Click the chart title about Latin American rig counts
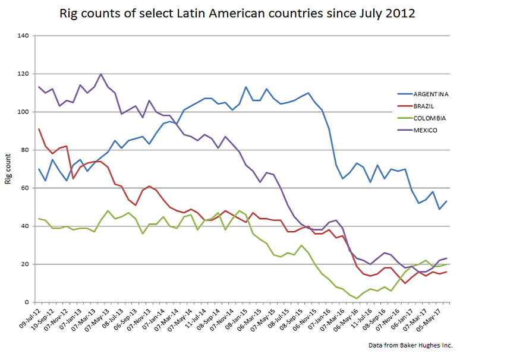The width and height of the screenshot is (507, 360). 237,13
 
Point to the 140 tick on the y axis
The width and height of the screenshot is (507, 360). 24,36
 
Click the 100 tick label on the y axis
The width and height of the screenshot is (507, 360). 24,112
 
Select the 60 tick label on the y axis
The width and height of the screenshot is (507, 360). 25,188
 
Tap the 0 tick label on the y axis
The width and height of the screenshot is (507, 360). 27,302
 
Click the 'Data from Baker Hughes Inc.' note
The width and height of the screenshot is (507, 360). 414,345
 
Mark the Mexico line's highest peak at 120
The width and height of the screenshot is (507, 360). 100,74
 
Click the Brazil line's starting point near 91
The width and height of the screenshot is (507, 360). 39,129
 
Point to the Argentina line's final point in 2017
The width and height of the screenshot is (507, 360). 446,201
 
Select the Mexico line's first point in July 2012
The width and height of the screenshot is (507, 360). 39,87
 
